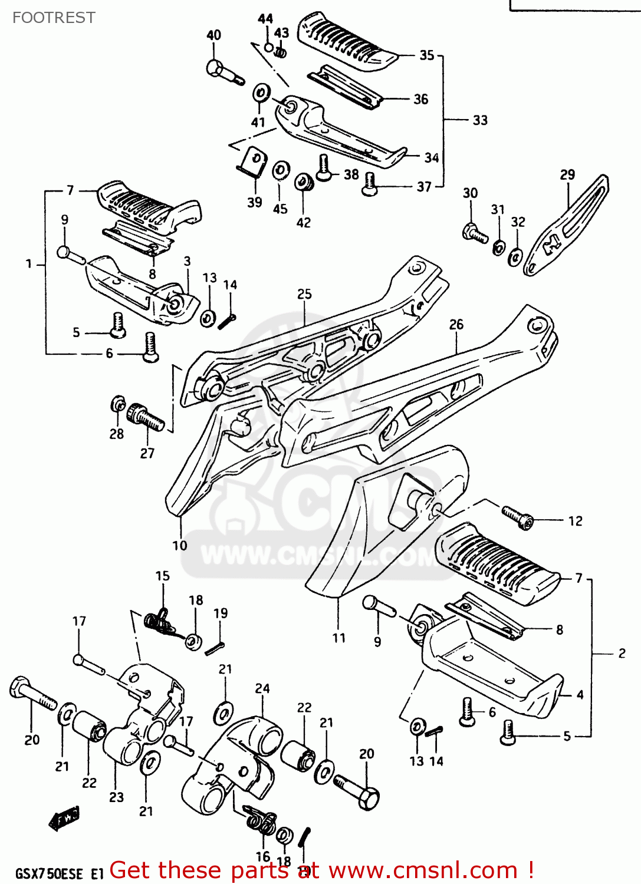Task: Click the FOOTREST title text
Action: [54, 18]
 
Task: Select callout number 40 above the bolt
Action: [213, 35]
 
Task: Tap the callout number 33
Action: [480, 120]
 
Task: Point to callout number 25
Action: [304, 294]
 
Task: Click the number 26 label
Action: [456, 325]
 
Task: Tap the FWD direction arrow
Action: [64, 818]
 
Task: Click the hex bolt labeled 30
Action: [475, 233]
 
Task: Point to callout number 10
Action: [180, 546]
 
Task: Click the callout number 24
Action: [262, 688]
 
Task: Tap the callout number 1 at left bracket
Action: [28, 264]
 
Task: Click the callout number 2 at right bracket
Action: [622, 653]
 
